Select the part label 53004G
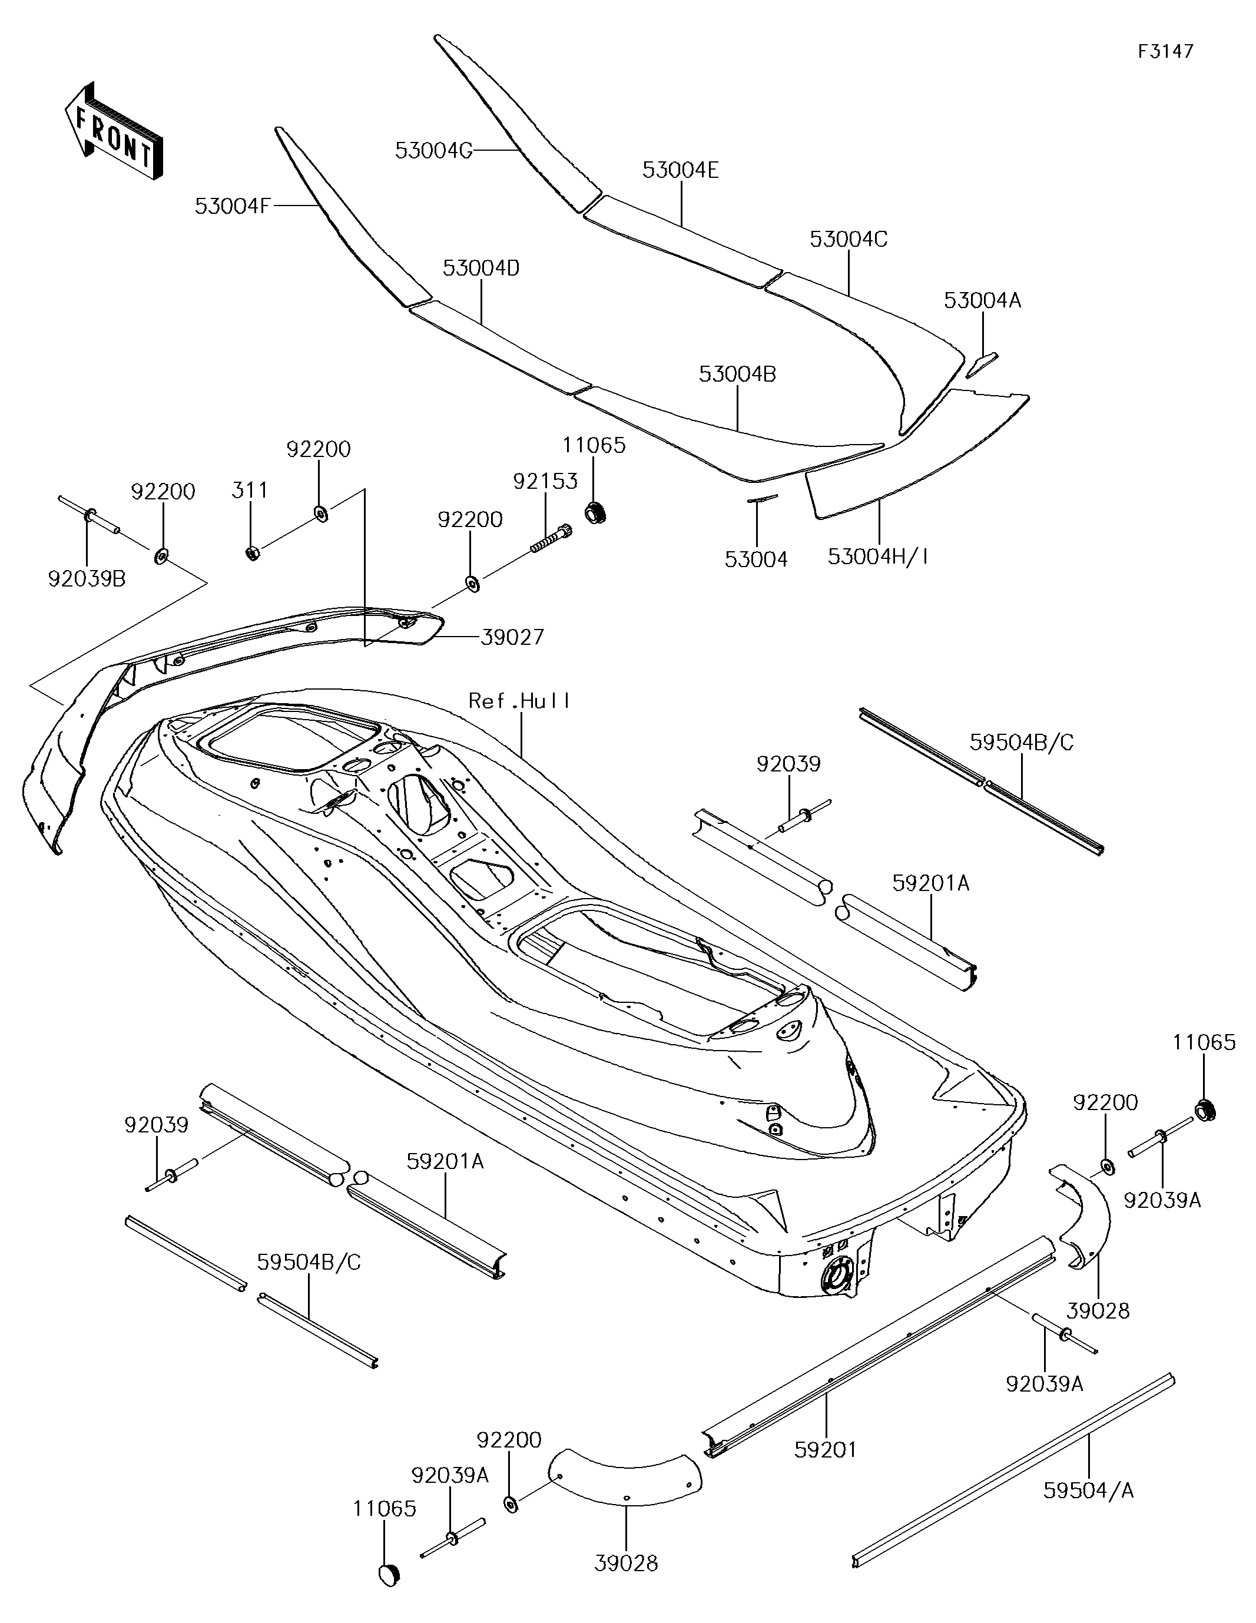(x=433, y=151)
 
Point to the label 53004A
(x=983, y=300)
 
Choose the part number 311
(x=250, y=491)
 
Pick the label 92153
(x=545, y=482)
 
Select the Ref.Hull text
(x=519, y=701)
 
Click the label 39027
(x=512, y=637)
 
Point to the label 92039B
(x=87, y=578)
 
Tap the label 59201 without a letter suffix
(x=826, y=1449)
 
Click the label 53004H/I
(x=879, y=556)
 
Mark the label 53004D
(x=481, y=269)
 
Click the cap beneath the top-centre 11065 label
(x=595, y=512)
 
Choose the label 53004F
(x=233, y=206)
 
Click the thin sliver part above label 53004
(x=762, y=499)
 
